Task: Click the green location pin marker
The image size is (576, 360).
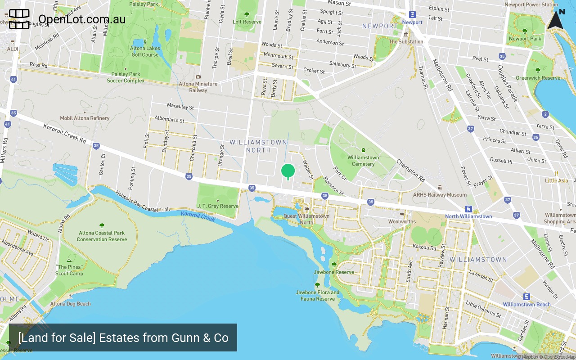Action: [288, 171]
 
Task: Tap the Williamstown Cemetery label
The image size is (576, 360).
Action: [363, 161]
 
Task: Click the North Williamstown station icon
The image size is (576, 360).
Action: [468, 209]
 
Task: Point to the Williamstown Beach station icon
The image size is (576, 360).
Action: [526, 297]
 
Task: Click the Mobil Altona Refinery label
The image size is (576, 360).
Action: [85, 118]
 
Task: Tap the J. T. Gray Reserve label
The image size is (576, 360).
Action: [218, 206]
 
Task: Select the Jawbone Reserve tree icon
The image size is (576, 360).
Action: [334, 265]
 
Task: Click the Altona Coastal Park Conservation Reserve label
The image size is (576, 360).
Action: [102, 236]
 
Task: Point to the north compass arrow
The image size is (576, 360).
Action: [556, 20]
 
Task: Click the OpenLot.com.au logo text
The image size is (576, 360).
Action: [82, 19]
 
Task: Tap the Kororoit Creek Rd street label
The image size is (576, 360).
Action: [65, 133]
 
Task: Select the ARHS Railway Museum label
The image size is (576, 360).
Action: [440, 195]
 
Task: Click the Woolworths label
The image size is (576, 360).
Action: [402, 221]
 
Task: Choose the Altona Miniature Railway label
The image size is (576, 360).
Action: [198, 87]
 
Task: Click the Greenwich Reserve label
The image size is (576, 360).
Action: [538, 78]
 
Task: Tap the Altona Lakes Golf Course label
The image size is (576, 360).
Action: [145, 51]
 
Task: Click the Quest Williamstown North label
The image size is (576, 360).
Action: [306, 219]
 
